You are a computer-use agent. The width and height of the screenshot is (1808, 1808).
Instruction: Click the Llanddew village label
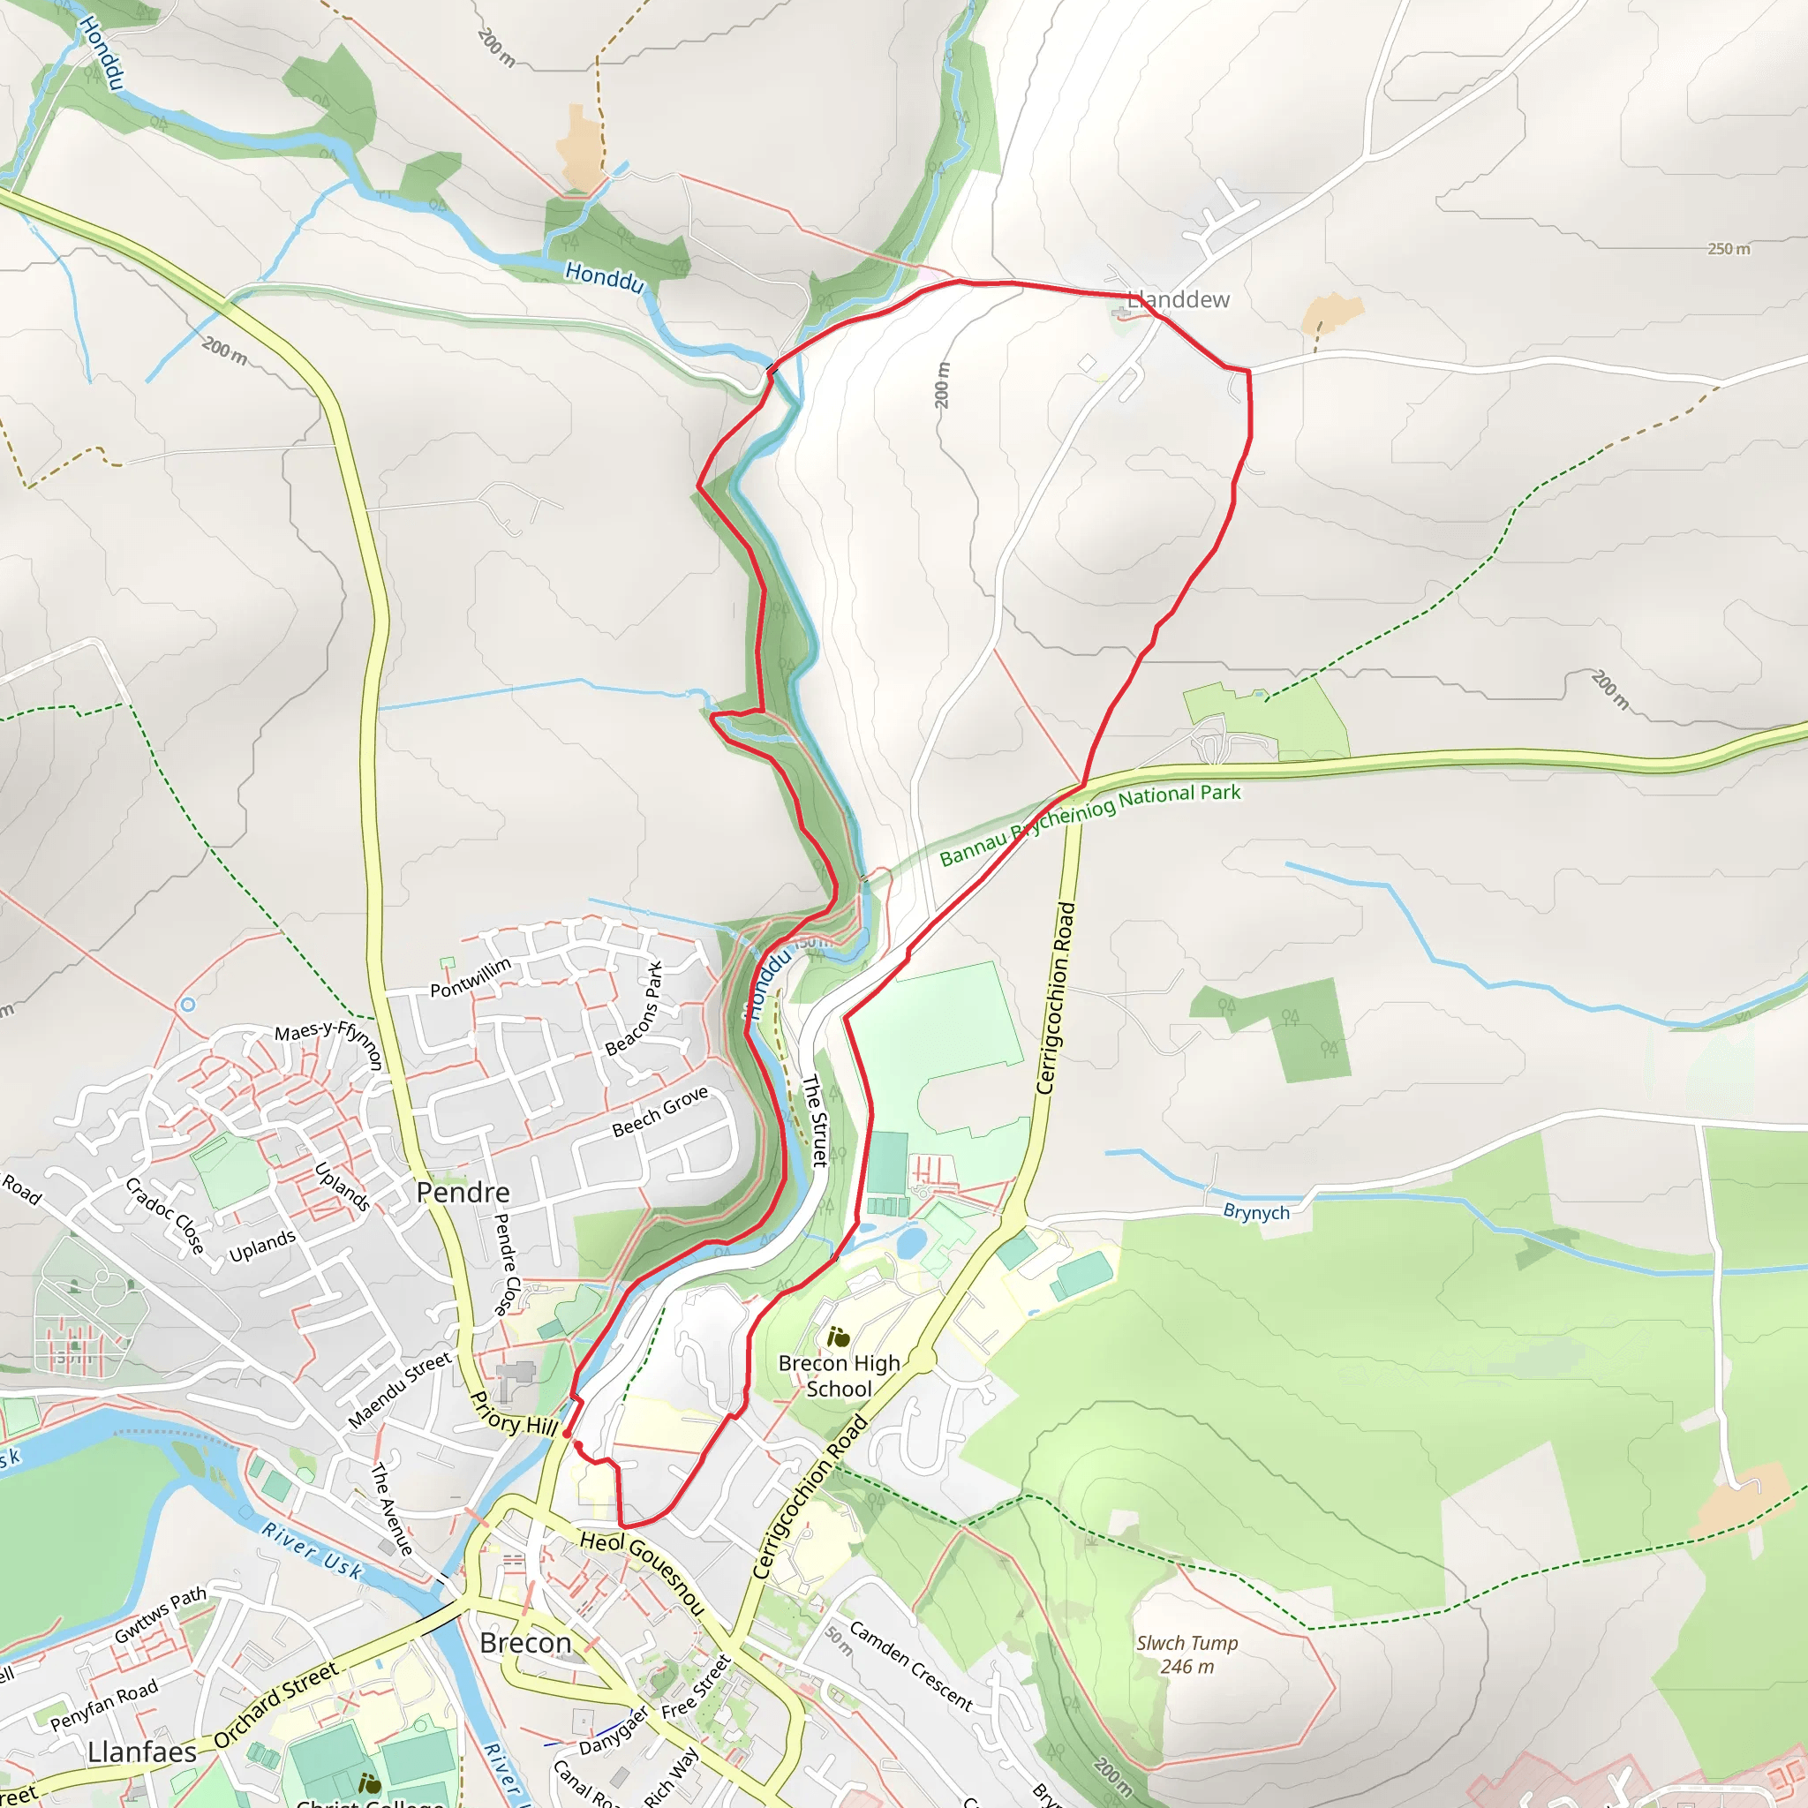[1179, 299]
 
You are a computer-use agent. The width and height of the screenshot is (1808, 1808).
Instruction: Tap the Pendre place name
[463, 1192]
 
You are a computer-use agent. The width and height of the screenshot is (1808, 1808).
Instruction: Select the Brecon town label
[525, 1642]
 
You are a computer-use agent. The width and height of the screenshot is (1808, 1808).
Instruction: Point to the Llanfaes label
[142, 1751]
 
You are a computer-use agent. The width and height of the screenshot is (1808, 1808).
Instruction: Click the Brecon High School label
[839, 1375]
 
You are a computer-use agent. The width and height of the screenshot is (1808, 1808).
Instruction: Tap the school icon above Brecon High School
[839, 1337]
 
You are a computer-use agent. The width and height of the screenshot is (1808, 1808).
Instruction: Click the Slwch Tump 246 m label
[1186, 1654]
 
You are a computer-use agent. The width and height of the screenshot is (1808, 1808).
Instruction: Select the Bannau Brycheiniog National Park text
[1089, 824]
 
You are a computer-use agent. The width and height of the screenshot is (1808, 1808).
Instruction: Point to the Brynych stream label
[1256, 1212]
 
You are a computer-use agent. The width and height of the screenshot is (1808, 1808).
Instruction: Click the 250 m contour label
[1728, 249]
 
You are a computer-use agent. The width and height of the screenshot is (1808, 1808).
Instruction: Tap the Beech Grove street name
[659, 1111]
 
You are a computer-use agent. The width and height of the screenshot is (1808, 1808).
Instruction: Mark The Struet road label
[814, 1120]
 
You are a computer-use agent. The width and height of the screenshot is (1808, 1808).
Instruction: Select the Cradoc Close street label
[165, 1215]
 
